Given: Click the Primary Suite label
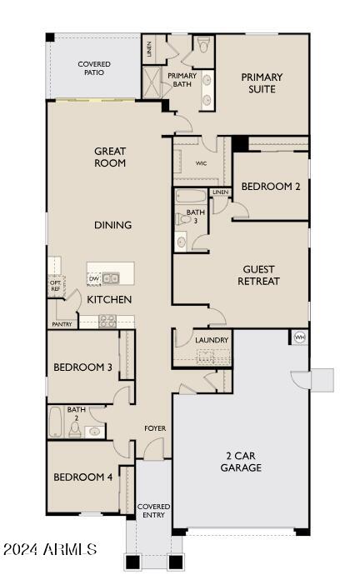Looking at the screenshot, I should (262, 82).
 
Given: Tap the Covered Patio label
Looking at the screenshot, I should (94, 69).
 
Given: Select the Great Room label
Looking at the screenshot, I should (110, 157).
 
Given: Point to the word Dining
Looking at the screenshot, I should (112, 225).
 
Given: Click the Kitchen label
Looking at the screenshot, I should (110, 298).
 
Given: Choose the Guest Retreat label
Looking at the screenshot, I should (258, 275).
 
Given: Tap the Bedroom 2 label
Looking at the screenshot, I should (271, 187).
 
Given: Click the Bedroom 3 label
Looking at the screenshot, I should (82, 367).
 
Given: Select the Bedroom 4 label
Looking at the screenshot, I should (82, 477).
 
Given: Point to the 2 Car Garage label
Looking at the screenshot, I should (242, 462).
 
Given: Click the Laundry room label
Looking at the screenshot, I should (212, 340).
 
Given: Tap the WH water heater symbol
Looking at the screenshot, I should (300, 337).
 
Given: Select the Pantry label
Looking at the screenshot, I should (62, 324).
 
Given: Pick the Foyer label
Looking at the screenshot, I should (155, 428).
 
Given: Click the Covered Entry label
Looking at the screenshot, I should (153, 510).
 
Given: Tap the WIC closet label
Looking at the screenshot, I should (201, 163).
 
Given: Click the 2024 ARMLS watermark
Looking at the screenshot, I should (50, 550).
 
